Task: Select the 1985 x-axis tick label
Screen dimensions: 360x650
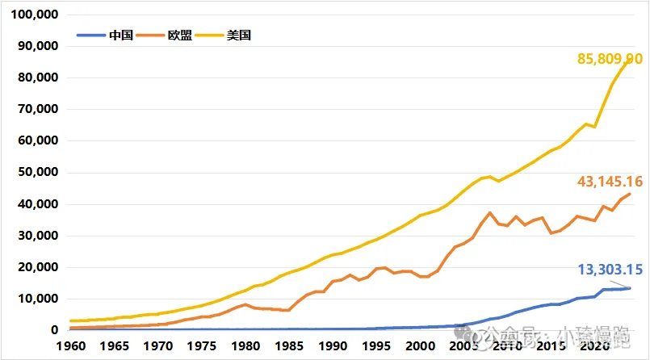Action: (288, 345)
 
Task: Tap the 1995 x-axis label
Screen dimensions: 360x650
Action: (376, 345)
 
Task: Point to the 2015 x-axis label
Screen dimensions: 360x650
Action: (551, 345)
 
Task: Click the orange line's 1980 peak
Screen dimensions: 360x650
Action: (245, 304)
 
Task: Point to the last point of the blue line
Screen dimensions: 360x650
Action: (629, 288)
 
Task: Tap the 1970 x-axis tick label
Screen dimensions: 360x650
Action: (157, 345)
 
